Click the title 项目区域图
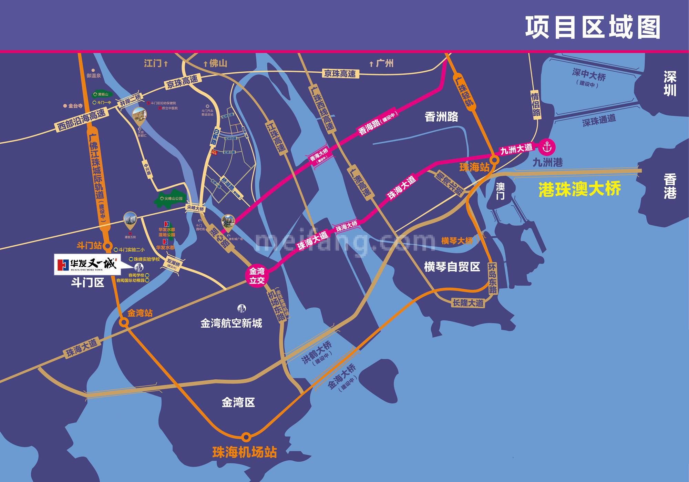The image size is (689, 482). (x=593, y=28)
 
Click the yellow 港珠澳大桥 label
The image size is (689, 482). (x=580, y=189)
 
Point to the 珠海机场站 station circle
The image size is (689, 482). (x=246, y=437)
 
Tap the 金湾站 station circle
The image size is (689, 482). (x=124, y=322)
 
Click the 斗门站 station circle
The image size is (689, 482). (x=108, y=246)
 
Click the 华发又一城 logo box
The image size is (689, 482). (x=87, y=264)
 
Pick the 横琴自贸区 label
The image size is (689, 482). (x=452, y=267)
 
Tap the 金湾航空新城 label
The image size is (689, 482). (x=231, y=323)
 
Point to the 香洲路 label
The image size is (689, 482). (x=441, y=117)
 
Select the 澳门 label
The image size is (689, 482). (x=500, y=191)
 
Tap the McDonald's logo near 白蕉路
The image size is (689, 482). (x=214, y=152)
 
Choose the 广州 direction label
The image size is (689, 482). (x=382, y=63)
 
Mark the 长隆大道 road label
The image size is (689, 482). (x=468, y=303)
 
